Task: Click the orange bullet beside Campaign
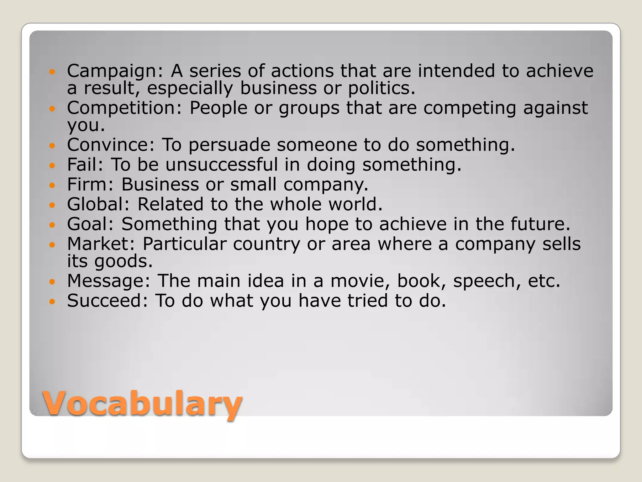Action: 52,72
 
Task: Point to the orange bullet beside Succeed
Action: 52,302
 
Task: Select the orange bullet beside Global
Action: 52,205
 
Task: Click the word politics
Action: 381,88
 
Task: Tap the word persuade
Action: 229,145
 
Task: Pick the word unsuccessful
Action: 222,164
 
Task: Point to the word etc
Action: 544,281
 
